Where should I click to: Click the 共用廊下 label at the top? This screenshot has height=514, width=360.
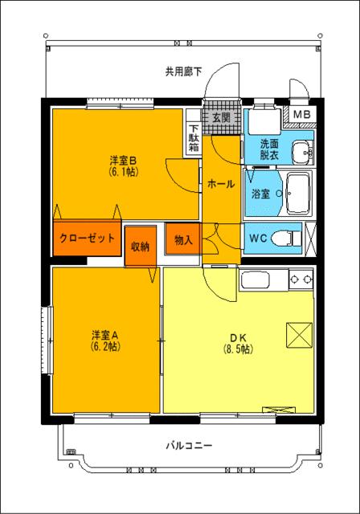click(x=184, y=71)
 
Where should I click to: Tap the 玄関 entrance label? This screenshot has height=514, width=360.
click(x=221, y=117)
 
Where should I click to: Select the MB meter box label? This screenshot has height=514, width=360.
click(x=302, y=115)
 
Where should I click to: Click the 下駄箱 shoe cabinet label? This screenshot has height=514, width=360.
click(x=193, y=141)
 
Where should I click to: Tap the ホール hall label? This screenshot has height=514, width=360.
click(x=221, y=184)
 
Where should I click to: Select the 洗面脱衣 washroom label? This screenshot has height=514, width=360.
click(x=271, y=149)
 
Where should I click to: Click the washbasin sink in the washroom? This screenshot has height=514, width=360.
click(x=302, y=150)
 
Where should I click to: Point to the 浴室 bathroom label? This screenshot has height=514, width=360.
click(x=260, y=194)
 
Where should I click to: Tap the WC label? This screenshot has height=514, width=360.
click(x=258, y=239)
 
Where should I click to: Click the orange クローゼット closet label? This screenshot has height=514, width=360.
click(x=86, y=239)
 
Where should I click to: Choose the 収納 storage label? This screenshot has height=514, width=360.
click(x=140, y=246)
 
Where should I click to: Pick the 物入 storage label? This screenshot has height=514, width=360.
click(x=183, y=239)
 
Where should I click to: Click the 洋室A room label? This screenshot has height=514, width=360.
click(x=105, y=335)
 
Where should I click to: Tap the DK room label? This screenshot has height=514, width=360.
click(x=238, y=337)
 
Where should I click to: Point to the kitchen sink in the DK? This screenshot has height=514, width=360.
click(x=258, y=283)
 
